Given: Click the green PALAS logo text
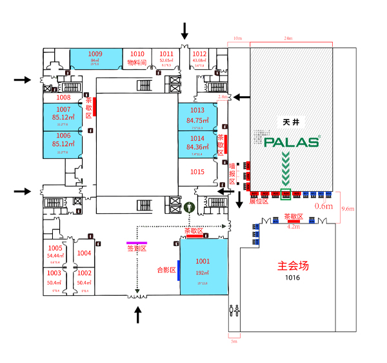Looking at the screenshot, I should tap(292, 141).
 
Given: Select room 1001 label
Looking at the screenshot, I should tap(203, 261).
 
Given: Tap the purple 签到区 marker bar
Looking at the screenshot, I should tap(137, 242).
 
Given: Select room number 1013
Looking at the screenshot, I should tap(197, 110).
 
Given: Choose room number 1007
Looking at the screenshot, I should tap(63, 109).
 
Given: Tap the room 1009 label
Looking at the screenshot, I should tap(95, 54).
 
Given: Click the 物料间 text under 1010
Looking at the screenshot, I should tap(137, 63).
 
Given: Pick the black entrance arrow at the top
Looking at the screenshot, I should tap(185, 30).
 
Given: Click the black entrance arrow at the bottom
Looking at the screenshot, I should tap(138, 315).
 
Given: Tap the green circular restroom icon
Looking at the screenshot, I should tap(190, 207).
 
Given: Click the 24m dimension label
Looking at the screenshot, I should tap(290, 39).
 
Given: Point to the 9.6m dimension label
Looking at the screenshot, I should tap(348, 209).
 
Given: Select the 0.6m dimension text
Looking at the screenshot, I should tap(323, 206).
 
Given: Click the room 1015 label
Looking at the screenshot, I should tap(197, 172).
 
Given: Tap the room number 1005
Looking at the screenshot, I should tap(55, 248).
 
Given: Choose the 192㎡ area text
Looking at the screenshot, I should tap(203, 273).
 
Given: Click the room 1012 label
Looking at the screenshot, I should tap(199, 54).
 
